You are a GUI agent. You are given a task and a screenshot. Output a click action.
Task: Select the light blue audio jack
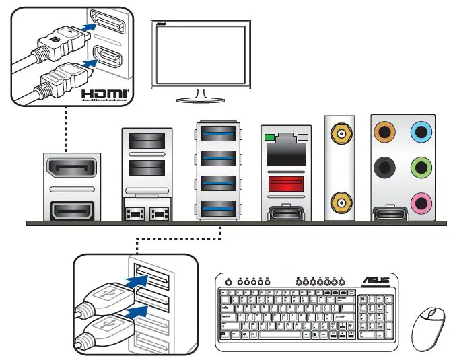point(421,132)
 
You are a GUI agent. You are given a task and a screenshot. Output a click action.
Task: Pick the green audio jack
point(421,166)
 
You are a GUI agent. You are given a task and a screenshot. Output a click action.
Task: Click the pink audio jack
point(421,201)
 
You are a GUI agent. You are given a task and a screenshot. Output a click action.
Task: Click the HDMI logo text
point(105,93)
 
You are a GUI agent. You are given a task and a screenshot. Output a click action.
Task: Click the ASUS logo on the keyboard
point(378,281)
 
